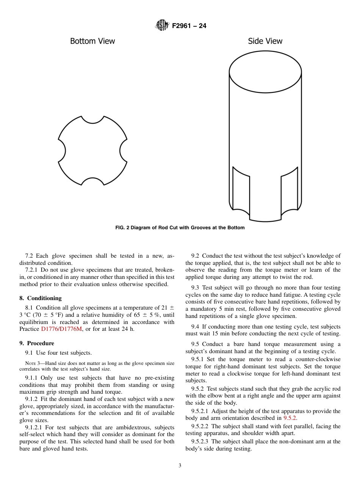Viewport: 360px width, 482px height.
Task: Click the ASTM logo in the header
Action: [x=161, y=26]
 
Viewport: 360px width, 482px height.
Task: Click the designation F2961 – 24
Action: [x=189, y=26]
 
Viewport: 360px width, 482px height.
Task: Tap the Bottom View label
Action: [x=92, y=41]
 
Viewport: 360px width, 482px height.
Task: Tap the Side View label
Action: [x=265, y=41]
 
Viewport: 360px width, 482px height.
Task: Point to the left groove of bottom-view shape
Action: [x=62, y=151]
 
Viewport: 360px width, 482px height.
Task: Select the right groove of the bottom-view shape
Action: [x=124, y=151]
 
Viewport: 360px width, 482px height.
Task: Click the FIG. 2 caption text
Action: [x=180, y=228]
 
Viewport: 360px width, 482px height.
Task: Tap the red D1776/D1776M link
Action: [x=61, y=329]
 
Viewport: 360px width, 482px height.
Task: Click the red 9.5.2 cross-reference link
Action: [x=290, y=418]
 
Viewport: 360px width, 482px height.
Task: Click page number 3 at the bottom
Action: [x=180, y=466]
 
